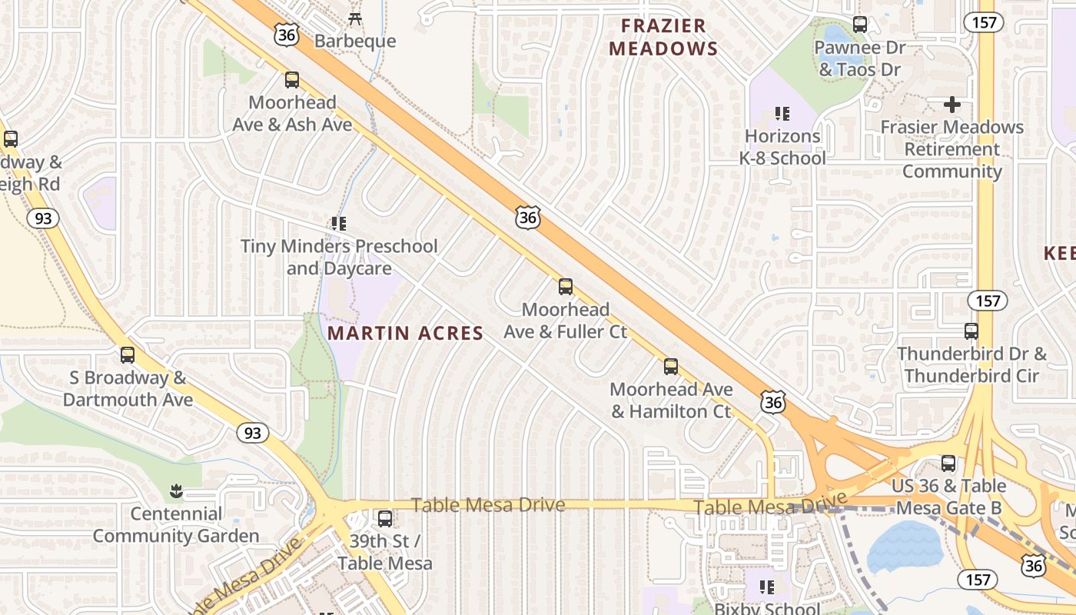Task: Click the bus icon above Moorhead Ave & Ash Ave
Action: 291,80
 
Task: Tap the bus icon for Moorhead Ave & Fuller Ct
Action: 566,287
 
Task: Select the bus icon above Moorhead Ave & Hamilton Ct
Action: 671,367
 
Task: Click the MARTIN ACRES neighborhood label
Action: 405,333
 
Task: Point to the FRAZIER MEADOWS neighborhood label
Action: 663,37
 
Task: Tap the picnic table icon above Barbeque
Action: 355,18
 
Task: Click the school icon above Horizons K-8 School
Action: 782,115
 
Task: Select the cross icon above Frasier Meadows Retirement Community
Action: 951,105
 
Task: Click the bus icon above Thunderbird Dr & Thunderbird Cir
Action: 971,331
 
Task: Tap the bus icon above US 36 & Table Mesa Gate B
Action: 948,464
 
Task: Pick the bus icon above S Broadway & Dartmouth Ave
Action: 128,355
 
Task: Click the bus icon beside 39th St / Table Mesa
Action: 385,519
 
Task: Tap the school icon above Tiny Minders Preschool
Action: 339,224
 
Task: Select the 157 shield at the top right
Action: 985,22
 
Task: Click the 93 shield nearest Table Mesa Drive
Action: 253,433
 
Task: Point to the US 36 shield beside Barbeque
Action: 286,34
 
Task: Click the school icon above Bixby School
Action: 767,587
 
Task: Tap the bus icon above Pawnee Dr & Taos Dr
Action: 860,25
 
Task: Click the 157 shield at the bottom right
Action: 977,579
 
